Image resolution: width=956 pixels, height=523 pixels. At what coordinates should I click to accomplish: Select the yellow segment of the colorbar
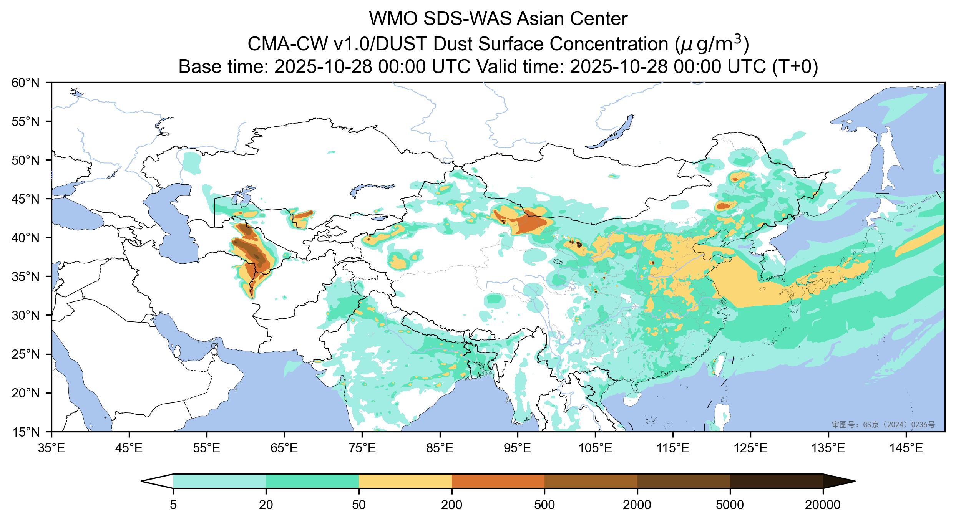click(x=405, y=481)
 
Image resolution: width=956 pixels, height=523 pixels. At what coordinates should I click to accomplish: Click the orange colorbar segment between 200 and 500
click(x=498, y=481)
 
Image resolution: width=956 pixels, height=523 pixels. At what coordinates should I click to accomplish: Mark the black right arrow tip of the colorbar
click(x=839, y=481)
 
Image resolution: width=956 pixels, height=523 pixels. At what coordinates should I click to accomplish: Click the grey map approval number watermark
click(x=883, y=424)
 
